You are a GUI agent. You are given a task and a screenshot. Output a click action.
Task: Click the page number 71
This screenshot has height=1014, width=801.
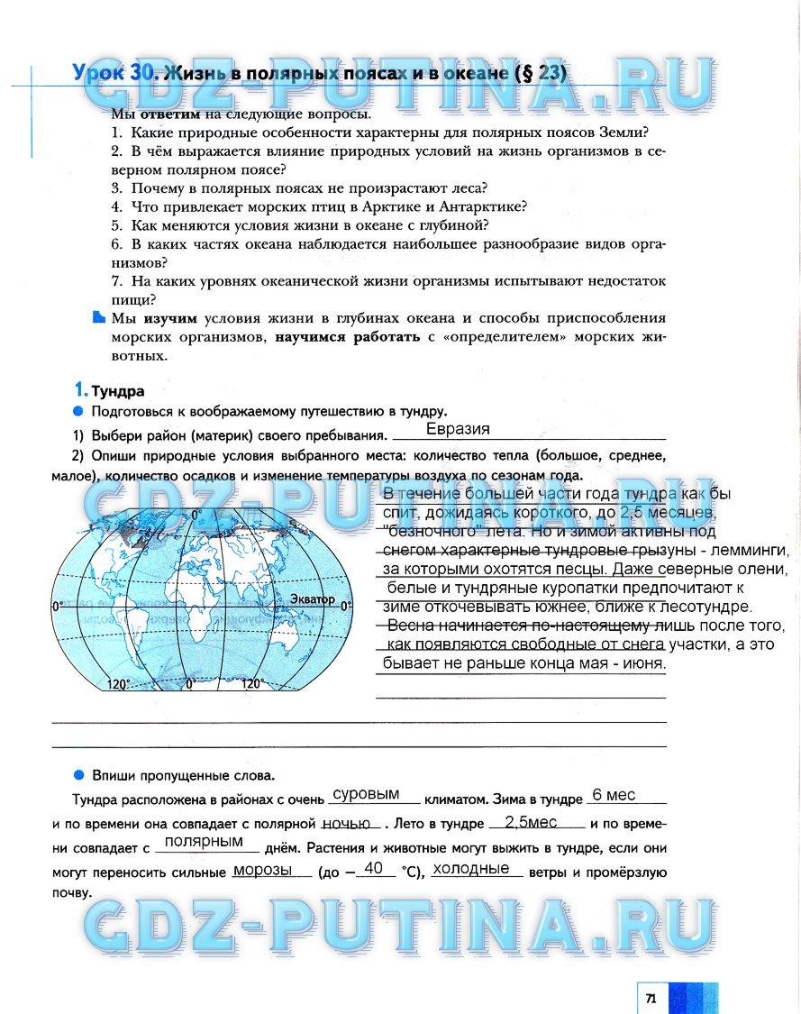(650, 998)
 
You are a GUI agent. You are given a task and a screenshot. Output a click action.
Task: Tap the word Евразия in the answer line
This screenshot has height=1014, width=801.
(458, 429)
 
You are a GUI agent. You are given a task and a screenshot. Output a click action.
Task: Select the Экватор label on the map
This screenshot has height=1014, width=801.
(313, 598)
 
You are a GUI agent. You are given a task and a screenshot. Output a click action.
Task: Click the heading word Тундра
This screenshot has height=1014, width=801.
(117, 391)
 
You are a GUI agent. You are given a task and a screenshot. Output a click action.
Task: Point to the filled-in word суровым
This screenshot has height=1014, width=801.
(366, 795)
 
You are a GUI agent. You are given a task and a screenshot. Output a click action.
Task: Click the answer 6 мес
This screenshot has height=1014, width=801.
(614, 795)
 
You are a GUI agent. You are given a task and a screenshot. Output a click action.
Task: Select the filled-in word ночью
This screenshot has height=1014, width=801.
(346, 823)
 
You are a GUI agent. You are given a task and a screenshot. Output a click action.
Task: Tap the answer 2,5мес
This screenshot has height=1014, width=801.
(531, 823)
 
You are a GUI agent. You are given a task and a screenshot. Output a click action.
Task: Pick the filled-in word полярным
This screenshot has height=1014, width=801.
(205, 842)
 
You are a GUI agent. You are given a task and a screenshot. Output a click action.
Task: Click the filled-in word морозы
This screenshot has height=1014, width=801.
(262, 870)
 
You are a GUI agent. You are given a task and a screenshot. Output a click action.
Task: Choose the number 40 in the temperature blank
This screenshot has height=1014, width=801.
(375, 868)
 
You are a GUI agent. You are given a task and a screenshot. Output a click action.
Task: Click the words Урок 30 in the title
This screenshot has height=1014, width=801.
(115, 74)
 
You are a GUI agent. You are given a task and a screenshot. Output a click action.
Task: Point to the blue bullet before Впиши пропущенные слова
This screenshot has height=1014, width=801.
(78, 774)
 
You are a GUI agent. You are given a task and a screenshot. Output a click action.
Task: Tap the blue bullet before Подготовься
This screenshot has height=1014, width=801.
(78, 411)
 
